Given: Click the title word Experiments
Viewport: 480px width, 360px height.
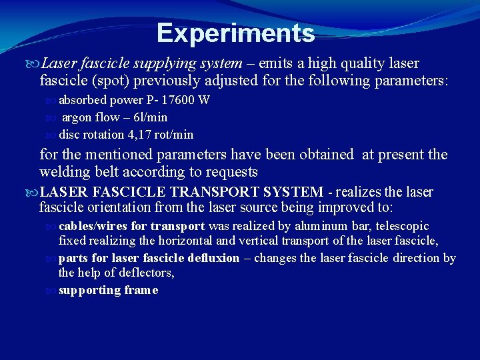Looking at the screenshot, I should (235, 33).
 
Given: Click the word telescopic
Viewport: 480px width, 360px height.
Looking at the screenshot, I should (403, 226).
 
